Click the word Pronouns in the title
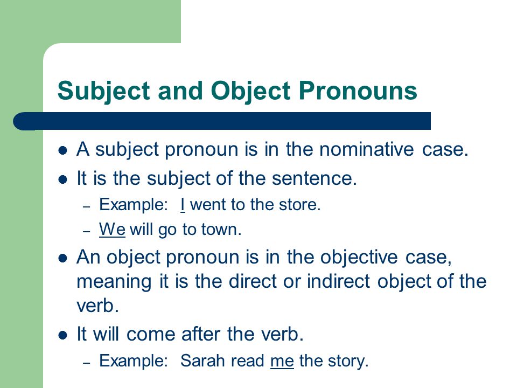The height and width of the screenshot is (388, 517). [x=358, y=90]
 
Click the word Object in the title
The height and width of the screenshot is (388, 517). [x=250, y=91]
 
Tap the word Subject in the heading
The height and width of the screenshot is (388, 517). [x=104, y=91]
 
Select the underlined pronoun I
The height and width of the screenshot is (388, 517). [x=183, y=205]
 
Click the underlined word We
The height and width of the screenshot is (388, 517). [x=112, y=230]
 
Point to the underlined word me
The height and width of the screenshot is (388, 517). [x=282, y=361]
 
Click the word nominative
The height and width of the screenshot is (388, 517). [x=366, y=149]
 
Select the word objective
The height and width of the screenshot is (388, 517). [x=359, y=258]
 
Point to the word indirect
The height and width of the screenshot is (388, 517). [x=339, y=281]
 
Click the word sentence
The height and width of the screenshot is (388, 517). [x=314, y=178]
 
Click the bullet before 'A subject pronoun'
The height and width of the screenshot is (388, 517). [x=62, y=151]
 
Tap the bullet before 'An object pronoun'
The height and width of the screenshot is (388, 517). [x=62, y=258]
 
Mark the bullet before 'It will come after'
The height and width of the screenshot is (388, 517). [x=62, y=336]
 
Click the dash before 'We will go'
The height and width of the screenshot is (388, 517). [x=86, y=232]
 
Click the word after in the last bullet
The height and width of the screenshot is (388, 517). [x=201, y=334]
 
